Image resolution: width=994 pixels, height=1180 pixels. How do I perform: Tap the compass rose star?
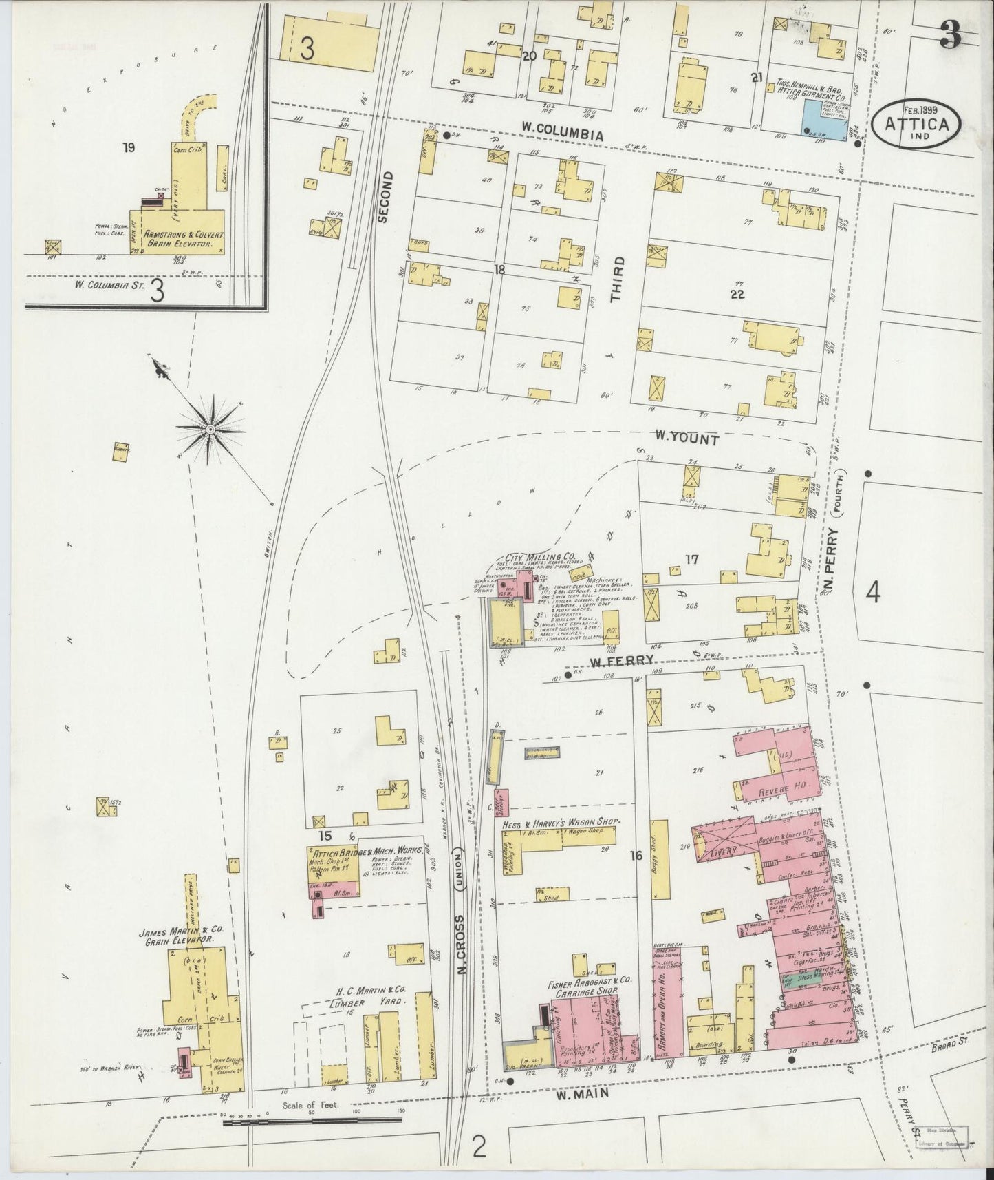point(210,430)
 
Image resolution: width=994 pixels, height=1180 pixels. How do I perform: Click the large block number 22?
point(737,294)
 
